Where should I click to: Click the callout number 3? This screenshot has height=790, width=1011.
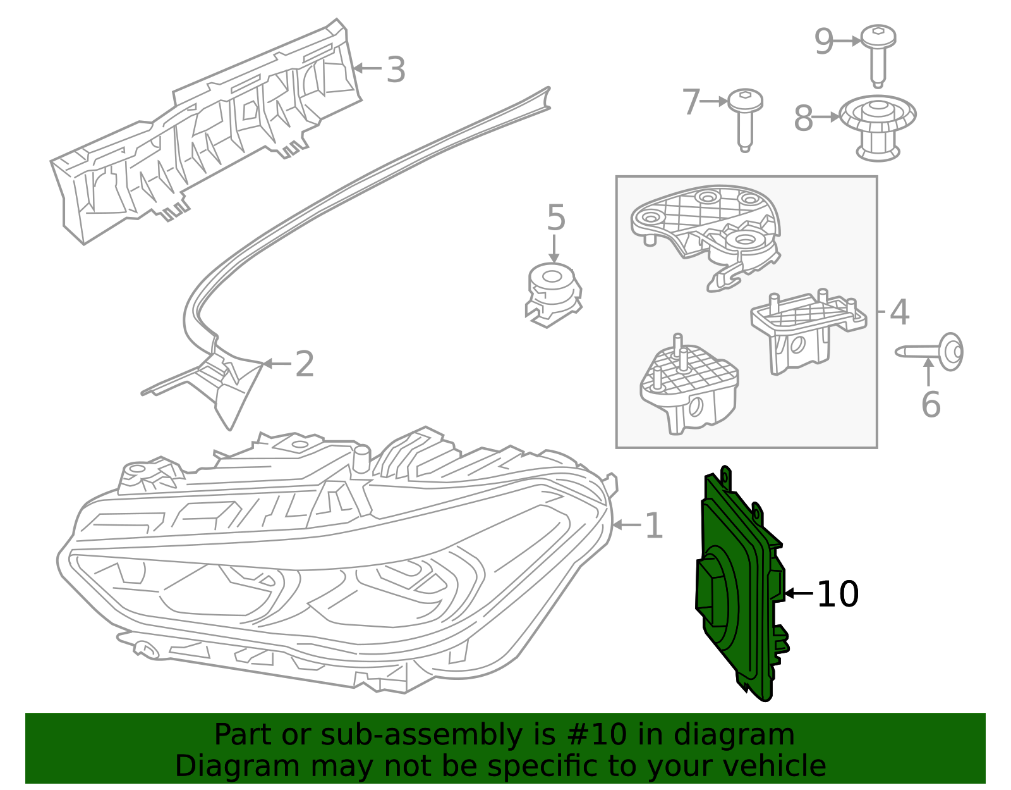click(396, 70)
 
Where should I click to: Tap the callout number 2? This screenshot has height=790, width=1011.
click(305, 364)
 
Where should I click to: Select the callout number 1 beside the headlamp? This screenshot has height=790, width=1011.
click(654, 526)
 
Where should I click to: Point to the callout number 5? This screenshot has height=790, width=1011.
click(556, 218)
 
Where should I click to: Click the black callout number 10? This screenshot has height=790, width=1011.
click(837, 593)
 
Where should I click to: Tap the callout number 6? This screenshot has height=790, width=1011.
click(931, 405)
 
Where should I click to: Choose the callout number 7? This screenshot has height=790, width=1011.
click(691, 102)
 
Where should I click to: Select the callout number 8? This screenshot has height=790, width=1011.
click(804, 118)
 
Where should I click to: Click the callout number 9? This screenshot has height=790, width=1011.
click(824, 42)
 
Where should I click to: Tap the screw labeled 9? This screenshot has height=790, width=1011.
click(878, 56)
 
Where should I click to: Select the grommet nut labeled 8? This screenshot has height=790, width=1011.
click(878, 128)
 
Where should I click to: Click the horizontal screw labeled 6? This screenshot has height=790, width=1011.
click(929, 352)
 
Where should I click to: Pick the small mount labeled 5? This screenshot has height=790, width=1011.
click(553, 295)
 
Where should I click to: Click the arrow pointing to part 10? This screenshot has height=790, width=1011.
click(799, 593)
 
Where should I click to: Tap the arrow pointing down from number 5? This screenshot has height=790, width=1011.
click(554, 249)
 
